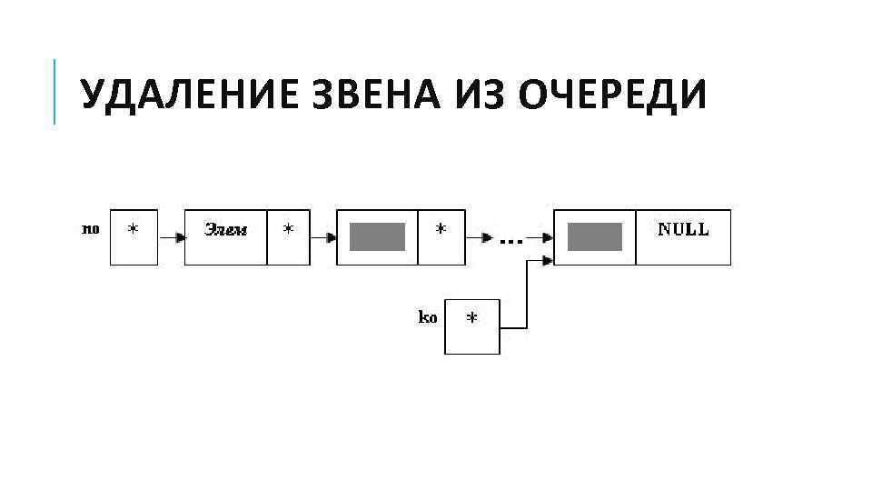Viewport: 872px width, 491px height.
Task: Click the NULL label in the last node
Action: [683, 229]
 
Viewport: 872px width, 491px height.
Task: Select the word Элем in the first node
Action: [225, 229]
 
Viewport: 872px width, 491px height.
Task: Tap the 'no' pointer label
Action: [91, 229]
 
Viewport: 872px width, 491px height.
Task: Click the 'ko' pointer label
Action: [427, 317]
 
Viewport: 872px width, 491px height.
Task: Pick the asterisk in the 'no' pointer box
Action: [134, 230]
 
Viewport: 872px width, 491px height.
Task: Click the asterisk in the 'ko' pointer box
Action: [471, 319]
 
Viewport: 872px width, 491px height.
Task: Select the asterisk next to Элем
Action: [288, 230]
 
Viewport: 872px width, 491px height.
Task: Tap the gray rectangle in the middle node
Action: [377, 236]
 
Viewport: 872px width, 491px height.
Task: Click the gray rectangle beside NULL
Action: [595, 236]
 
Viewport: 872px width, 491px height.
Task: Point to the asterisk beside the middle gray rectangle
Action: [441, 230]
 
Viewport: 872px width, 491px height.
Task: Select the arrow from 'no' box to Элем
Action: [171, 237]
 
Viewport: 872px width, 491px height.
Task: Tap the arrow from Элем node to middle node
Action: [323, 237]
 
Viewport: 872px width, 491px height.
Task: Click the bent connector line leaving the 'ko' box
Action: [527, 300]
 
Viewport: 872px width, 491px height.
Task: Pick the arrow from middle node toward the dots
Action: [479, 237]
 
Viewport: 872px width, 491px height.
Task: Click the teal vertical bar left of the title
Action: [54, 91]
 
